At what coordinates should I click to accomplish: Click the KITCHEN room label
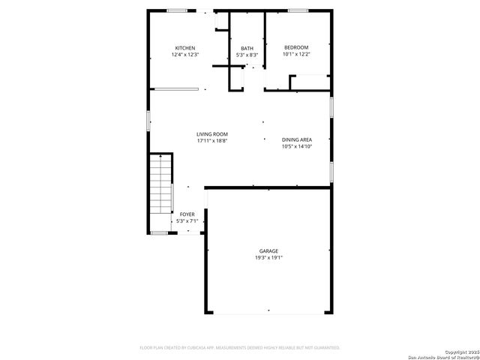pyautogui.click(x=185, y=48)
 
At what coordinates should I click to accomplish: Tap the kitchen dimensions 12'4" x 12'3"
pyautogui.click(x=185, y=55)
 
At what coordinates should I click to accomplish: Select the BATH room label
pyautogui.click(x=247, y=48)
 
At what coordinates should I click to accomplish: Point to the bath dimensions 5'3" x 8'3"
pyautogui.click(x=247, y=55)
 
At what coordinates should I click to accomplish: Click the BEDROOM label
pyautogui.click(x=295, y=48)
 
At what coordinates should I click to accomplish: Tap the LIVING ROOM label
pyautogui.click(x=212, y=134)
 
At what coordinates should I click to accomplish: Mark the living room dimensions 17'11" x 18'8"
pyautogui.click(x=212, y=141)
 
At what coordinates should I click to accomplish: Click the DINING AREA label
pyautogui.click(x=297, y=139)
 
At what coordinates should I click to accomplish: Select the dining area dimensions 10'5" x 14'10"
pyautogui.click(x=297, y=146)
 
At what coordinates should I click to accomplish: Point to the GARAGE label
pyautogui.click(x=269, y=250)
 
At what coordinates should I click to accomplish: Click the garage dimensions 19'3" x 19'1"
pyautogui.click(x=269, y=257)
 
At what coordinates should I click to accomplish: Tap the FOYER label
pyautogui.click(x=187, y=214)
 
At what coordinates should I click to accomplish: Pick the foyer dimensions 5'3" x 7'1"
pyautogui.click(x=187, y=221)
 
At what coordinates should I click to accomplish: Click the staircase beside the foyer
pyautogui.click(x=160, y=192)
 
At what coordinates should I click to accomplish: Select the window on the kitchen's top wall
pyautogui.click(x=178, y=10)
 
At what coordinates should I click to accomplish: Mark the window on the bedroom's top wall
pyautogui.click(x=298, y=10)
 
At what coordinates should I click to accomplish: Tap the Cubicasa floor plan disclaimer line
pyautogui.click(x=240, y=348)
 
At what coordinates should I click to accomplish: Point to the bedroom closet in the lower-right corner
pyautogui.click(x=310, y=82)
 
